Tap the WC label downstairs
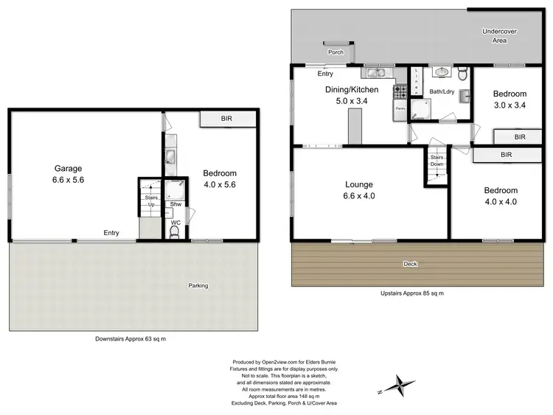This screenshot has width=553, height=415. tap(175, 222)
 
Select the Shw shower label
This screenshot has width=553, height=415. tap(175, 205)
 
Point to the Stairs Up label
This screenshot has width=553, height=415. tap(151, 200)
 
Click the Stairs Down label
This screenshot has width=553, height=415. tap(436, 161)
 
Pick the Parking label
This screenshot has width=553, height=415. tap(198, 285)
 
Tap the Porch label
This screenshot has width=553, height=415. tap(335, 52)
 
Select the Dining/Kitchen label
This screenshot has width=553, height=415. tap(352, 90)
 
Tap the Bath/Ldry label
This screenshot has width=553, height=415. tap(442, 92)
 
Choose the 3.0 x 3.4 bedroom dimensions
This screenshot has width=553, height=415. tap(509, 105)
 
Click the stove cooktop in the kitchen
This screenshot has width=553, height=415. tap(400, 93)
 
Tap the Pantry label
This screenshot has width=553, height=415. tap(400, 108)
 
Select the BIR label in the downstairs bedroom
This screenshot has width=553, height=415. tap(227, 119)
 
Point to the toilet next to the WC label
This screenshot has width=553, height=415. tap(175, 232)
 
